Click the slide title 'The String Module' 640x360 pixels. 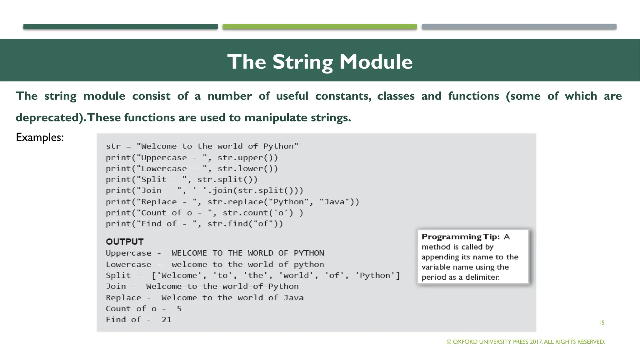click(x=320, y=62)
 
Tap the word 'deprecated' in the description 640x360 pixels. click(x=49, y=118)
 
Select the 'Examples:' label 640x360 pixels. click(x=40, y=137)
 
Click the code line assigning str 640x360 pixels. click(x=202, y=146)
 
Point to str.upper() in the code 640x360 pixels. click(x=247, y=157)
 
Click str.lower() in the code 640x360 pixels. click(x=247, y=169)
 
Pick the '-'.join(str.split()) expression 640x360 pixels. click(x=248, y=191)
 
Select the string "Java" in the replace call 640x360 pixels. click(x=334, y=202)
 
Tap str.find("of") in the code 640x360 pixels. click(x=245, y=224)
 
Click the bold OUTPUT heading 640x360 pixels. click(x=125, y=242)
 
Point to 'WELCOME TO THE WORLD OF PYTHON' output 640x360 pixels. click(x=248, y=253)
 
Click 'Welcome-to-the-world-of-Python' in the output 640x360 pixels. click(x=222, y=286)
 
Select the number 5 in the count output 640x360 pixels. click(x=179, y=309)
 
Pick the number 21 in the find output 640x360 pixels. click(x=167, y=320)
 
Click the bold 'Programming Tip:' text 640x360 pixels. click(x=460, y=237)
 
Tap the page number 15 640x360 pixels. click(x=602, y=323)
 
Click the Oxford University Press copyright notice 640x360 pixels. click(x=526, y=342)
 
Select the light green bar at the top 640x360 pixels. click(x=320, y=27)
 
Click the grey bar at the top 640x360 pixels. click(x=519, y=27)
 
